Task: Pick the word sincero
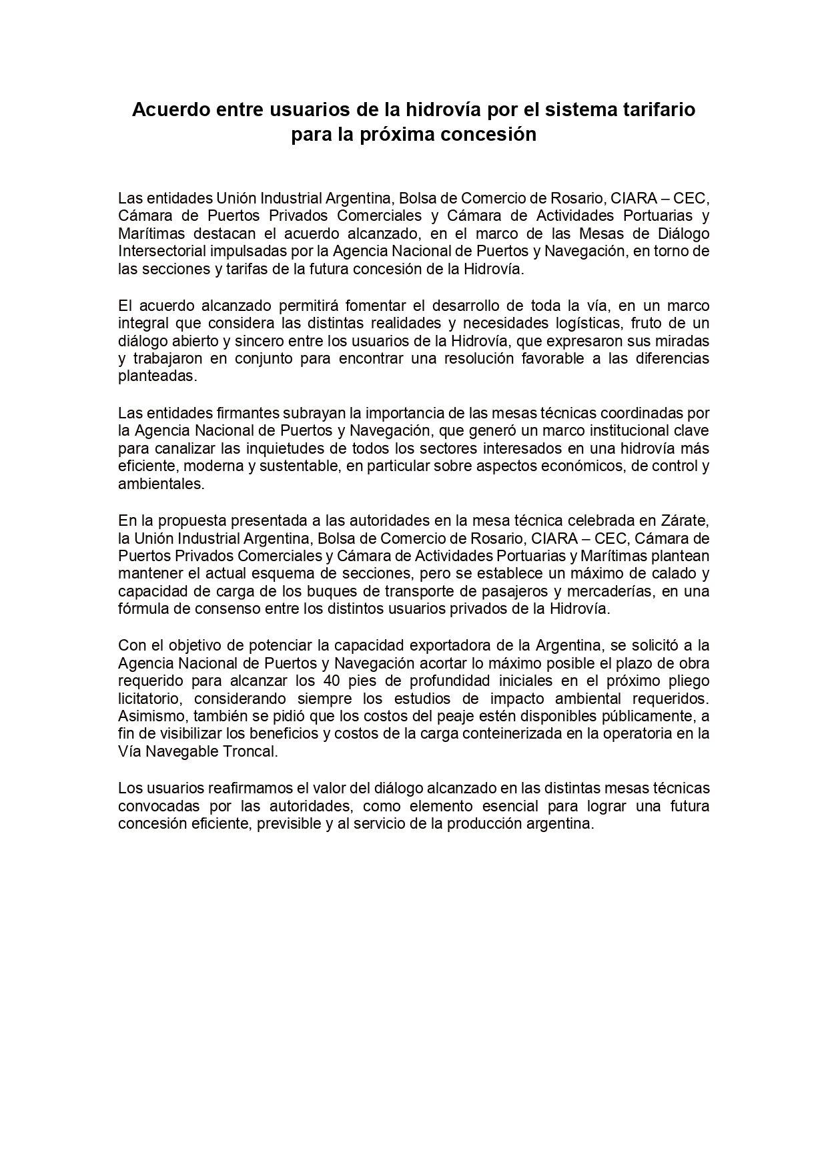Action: tap(262, 341)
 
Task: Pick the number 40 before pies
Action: tap(332, 681)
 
